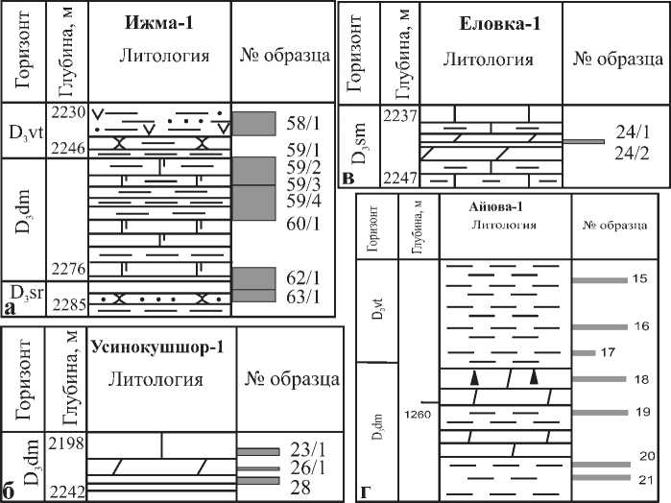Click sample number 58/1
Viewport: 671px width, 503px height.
(302, 123)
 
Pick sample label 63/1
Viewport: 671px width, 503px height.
(302, 296)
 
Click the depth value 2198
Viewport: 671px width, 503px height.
(67, 442)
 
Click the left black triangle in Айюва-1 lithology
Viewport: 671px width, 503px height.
(473, 379)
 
